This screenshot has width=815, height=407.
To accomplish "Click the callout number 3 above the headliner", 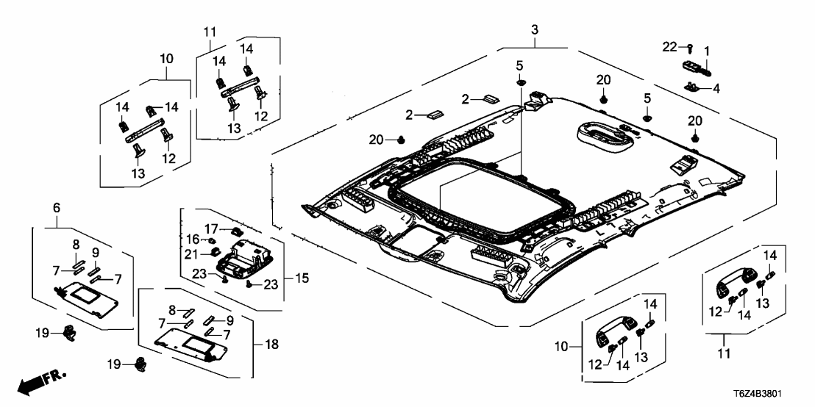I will [x=535, y=29].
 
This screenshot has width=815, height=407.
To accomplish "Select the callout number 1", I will [x=707, y=51].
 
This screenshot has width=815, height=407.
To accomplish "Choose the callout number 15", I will [x=298, y=279].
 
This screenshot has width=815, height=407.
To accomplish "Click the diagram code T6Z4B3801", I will [x=777, y=395].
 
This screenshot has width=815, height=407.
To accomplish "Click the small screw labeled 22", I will [x=690, y=48].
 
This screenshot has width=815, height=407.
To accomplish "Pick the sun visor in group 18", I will [x=190, y=341].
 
